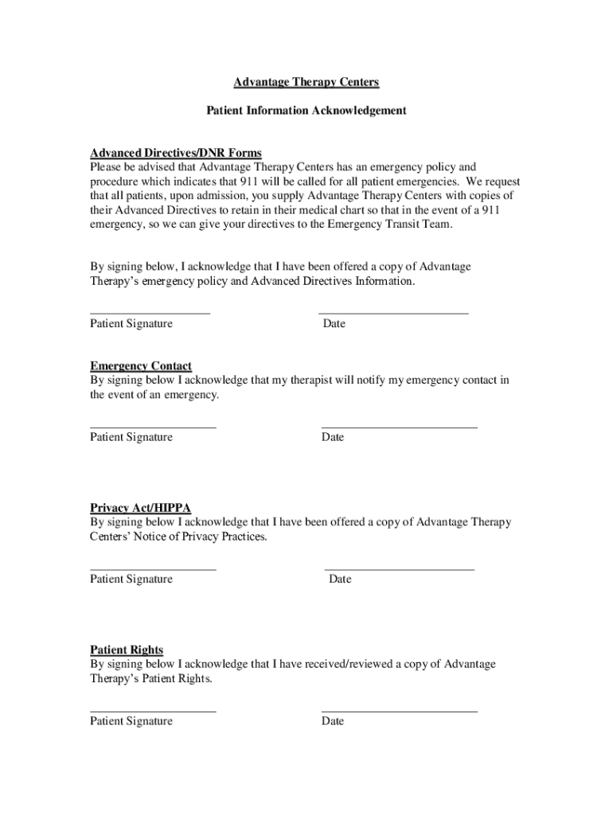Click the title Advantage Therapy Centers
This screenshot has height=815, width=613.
coord(306,82)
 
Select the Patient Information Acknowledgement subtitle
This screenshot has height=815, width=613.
coord(306,111)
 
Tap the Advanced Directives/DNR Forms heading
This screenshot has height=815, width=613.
coord(176,153)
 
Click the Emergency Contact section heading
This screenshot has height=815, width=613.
coord(141,366)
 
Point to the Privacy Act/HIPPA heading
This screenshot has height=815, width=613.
coord(140,508)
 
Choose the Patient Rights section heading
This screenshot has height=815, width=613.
coord(127,649)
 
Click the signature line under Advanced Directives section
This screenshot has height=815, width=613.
coord(150,314)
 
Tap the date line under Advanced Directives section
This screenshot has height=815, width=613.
coord(393,314)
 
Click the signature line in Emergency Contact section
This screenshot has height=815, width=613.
coord(153,427)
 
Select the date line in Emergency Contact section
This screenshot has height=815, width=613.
coord(400,427)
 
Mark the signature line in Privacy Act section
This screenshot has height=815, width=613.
coord(153,569)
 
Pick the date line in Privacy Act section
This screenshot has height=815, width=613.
coord(400,569)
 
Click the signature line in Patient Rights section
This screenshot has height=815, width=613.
coord(153,711)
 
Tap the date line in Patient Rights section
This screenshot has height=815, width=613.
coord(400,711)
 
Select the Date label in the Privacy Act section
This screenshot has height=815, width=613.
coord(340,579)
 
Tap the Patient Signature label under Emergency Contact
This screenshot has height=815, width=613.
coord(131,438)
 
